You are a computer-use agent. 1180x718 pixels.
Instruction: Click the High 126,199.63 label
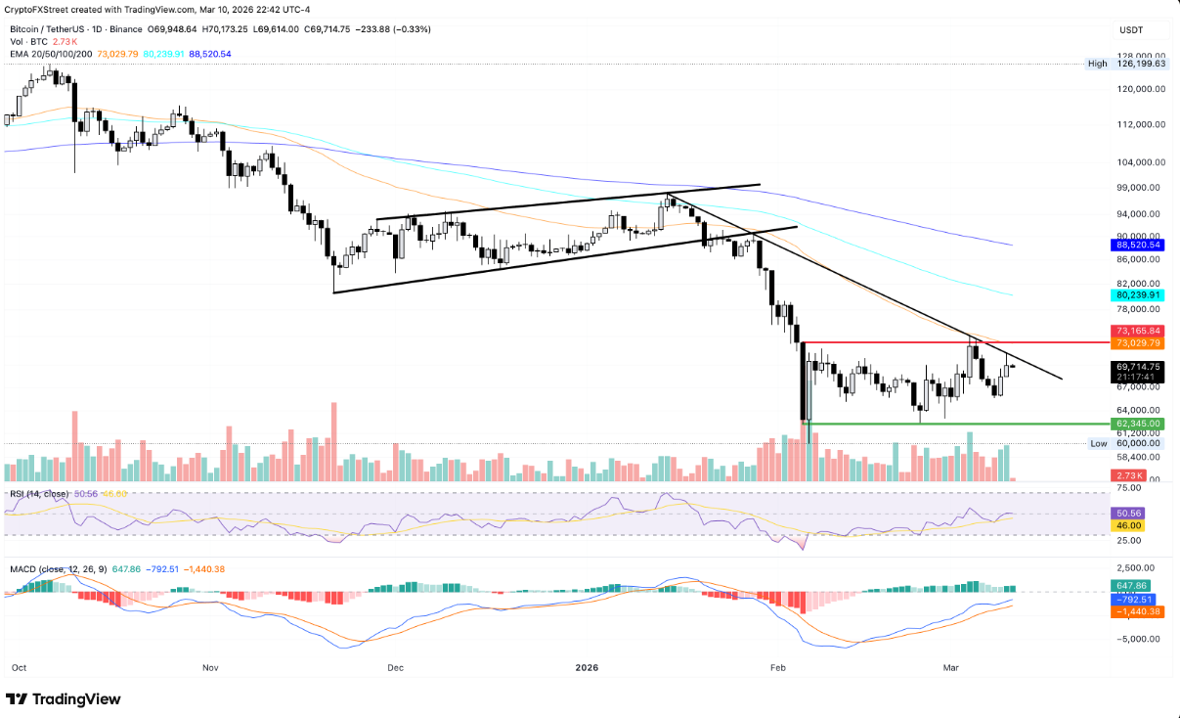tap(1125, 64)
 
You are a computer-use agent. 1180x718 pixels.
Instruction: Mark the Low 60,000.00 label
tap(1127, 443)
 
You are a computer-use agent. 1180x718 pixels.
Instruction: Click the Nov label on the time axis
tap(210, 668)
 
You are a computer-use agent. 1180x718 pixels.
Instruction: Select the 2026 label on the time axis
tap(587, 668)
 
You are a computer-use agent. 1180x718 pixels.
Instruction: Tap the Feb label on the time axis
tap(778, 668)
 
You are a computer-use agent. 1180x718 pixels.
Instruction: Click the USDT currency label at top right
tap(1131, 30)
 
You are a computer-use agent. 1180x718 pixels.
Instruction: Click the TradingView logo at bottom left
tap(64, 699)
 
